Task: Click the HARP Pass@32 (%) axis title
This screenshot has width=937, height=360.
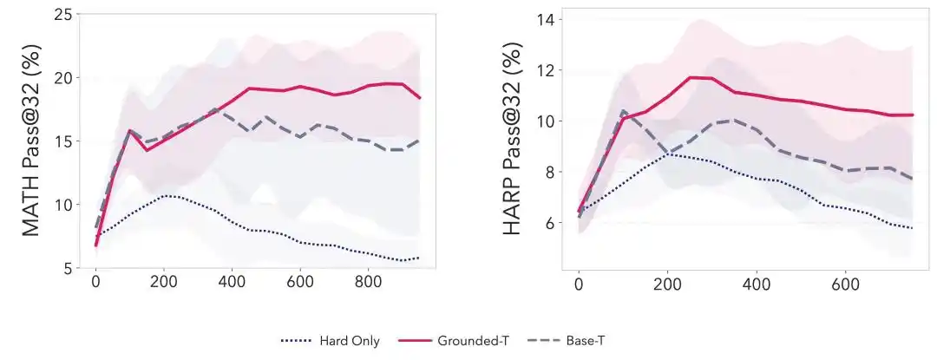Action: tap(514, 141)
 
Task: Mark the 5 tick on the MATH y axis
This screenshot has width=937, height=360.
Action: tap(62, 268)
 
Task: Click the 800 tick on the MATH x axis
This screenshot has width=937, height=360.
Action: tap(368, 283)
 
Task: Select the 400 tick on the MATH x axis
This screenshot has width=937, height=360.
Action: tap(232, 283)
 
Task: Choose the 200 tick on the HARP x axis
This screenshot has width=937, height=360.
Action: tap(667, 283)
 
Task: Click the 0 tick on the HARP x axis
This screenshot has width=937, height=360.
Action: tap(579, 283)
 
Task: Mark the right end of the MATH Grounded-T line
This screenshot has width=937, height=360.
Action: tap(420, 98)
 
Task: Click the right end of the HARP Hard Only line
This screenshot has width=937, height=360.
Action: tap(912, 228)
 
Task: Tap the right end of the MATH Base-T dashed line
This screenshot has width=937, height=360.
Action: tap(420, 141)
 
